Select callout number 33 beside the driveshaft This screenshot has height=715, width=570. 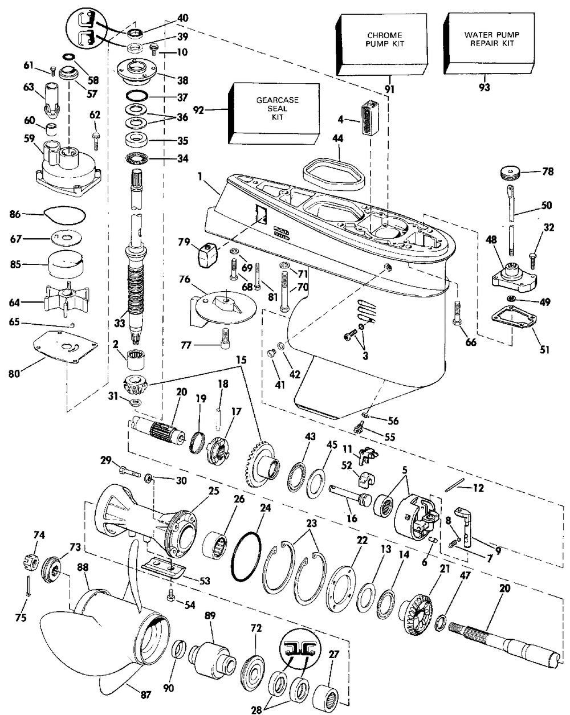coord(119,322)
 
